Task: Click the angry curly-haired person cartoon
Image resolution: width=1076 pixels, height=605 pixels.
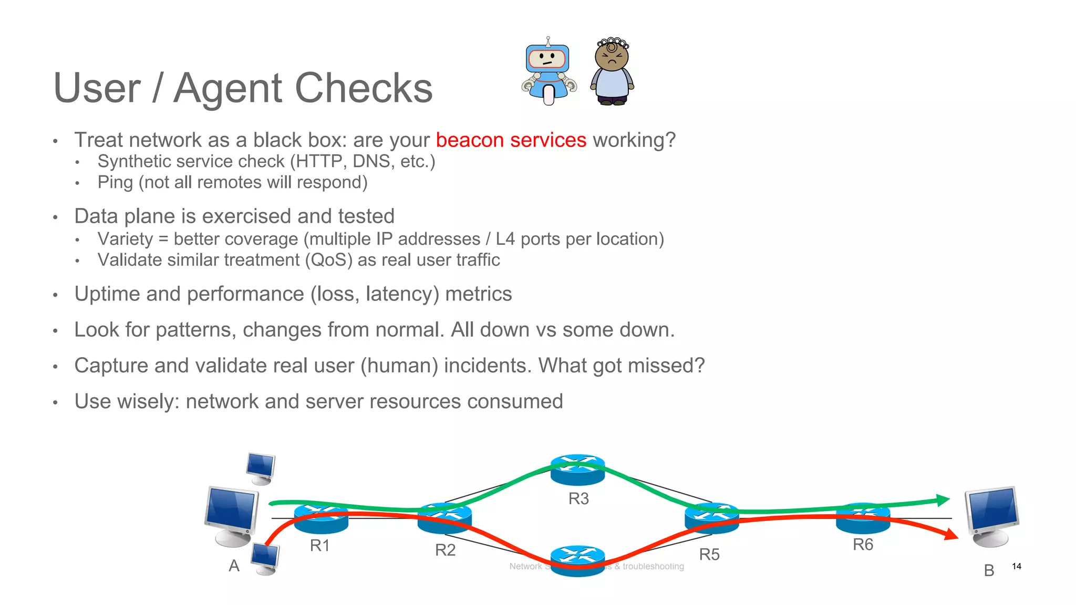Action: tap(612, 72)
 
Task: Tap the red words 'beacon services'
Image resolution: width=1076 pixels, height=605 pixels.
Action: tap(511, 140)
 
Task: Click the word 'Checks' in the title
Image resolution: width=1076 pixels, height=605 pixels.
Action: tap(364, 88)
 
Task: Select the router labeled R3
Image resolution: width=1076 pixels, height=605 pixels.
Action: tap(577, 470)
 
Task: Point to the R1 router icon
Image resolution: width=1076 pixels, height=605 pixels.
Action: tap(321, 518)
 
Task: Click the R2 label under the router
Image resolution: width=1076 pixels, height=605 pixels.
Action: tap(445, 550)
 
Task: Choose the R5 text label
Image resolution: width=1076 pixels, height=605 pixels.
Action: tap(709, 554)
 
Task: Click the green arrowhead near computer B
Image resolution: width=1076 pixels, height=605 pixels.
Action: tap(943, 499)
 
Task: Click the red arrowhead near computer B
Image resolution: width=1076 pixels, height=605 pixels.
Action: tap(951, 535)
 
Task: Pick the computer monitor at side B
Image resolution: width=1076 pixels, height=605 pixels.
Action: tap(992, 515)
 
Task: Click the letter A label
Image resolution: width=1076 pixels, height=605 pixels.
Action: tap(234, 566)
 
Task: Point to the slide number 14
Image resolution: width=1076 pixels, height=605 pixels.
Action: tap(1016, 566)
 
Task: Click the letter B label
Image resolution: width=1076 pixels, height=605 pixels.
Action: tap(989, 570)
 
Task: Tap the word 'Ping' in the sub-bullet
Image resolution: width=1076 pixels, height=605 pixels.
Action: tap(115, 182)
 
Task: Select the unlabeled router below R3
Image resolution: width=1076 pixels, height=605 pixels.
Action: tap(577, 560)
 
